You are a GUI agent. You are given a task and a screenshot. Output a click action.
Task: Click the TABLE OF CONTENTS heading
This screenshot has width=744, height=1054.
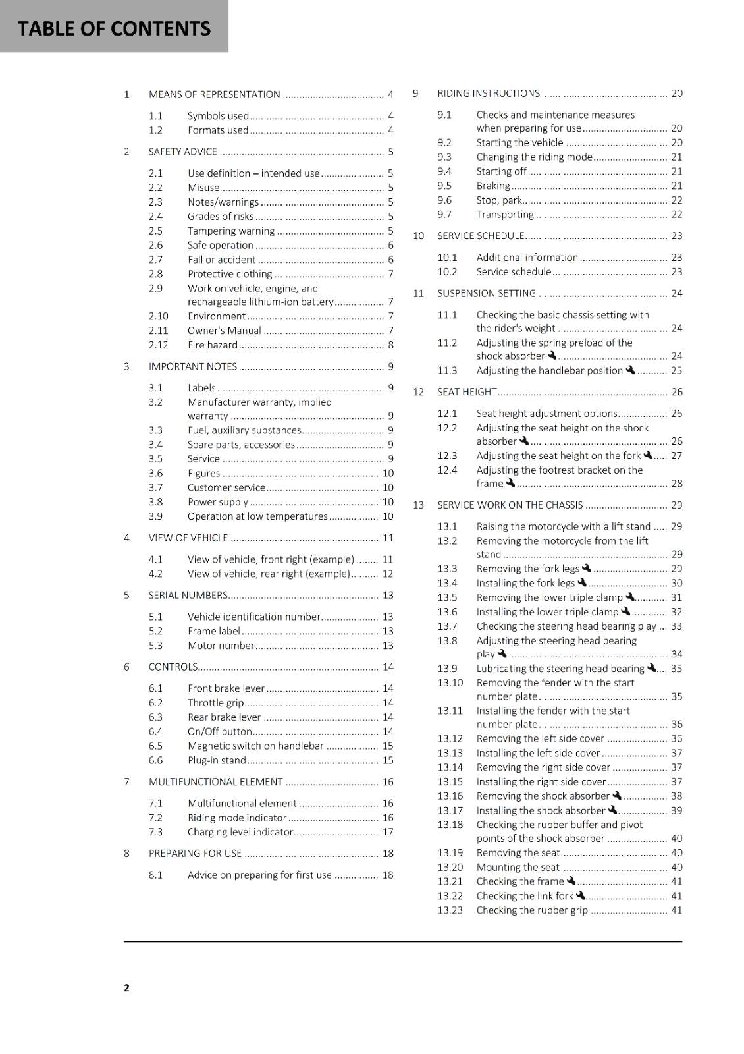pyautogui.click(x=114, y=28)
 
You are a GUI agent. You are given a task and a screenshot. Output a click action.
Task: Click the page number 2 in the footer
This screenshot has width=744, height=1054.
pyautogui.click(x=126, y=987)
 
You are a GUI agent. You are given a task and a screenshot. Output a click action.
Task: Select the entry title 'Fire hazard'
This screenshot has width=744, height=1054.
pyautogui.click(x=212, y=345)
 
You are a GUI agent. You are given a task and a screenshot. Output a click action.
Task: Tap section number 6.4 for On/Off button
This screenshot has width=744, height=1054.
pyautogui.click(x=155, y=732)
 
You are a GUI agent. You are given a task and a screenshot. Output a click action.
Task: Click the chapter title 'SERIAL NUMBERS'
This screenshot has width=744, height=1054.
pyautogui.click(x=188, y=596)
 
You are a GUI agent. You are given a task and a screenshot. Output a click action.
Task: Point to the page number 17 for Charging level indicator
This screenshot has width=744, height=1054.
pyautogui.click(x=388, y=832)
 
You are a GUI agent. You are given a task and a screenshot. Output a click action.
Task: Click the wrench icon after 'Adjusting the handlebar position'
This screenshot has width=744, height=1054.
pyautogui.click(x=630, y=370)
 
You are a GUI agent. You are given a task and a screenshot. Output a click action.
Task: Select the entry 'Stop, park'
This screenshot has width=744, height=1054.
pyautogui.click(x=498, y=200)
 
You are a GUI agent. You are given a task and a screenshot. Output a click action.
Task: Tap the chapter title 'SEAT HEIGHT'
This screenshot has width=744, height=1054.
pyautogui.click(x=466, y=392)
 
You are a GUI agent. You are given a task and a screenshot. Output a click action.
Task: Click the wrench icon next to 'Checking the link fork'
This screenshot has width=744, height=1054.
pyautogui.click(x=580, y=895)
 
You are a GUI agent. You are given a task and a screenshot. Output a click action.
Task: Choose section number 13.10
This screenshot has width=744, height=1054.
pyautogui.click(x=450, y=683)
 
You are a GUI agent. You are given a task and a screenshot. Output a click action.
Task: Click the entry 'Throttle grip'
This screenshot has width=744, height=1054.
pyautogui.click(x=215, y=703)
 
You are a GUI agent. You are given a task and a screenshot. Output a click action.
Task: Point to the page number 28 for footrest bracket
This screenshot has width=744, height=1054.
pyautogui.click(x=677, y=484)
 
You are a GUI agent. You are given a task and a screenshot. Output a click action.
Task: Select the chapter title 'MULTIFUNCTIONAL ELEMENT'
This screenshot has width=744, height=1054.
pyautogui.click(x=215, y=782)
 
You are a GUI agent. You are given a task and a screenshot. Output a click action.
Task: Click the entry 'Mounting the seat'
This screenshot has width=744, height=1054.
pyautogui.click(x=518, y=868)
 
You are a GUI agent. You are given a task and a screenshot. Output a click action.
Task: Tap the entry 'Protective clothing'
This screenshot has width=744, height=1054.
pyautogui.click(x=229, y=274)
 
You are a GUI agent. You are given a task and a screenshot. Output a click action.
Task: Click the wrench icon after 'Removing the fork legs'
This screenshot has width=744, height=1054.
pyautogui.click(x=587, y=568)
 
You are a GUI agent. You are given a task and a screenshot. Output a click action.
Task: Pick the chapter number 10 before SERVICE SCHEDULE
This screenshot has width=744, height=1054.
pyautogui.click(x=418, y=236)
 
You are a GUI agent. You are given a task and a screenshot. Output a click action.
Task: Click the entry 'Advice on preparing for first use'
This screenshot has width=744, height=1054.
pyautogui.click(x=259, y=875)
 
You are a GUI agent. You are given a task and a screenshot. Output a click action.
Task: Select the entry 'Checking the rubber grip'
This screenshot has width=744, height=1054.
pyautogui.click(x=532, y=910)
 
